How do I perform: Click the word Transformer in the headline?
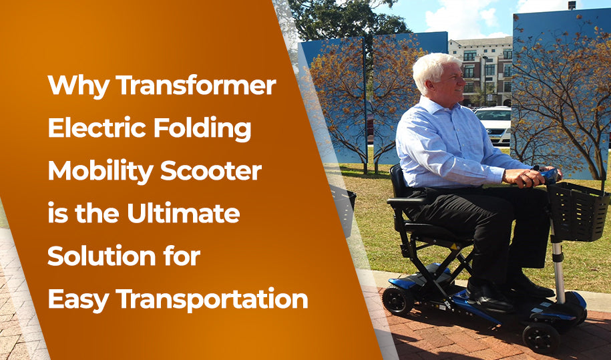196,86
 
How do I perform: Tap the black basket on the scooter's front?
578,212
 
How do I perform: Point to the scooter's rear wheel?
399,301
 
